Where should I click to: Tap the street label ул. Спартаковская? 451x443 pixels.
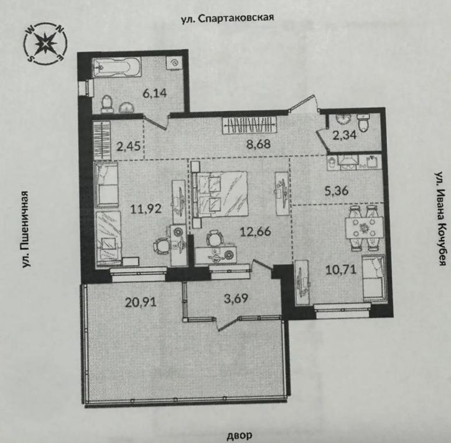[x=227, y=19]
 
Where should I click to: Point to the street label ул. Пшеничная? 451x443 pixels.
[x=26, y=229]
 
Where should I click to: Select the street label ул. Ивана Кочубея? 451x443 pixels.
[x=440, y=219]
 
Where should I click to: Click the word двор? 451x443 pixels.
[x=239, y=434]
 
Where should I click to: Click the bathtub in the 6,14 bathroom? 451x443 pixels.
[x=117, y=67]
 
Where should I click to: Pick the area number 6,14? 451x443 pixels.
[x=155, y=93]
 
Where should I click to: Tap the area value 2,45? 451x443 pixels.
[x=128, y=146]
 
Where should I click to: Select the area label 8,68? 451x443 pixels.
[x=259, y=144]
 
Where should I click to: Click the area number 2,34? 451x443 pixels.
[x=345, y=135]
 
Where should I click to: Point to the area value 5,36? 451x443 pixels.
[x=337, y=191]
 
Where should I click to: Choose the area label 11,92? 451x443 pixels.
[x=146, y=209]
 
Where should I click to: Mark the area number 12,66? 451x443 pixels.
[x=256, y=231]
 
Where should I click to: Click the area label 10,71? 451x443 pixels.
[x=341, y=270]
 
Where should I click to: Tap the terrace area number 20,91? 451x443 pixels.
[x=141, y=302]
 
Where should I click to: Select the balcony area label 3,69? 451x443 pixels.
[x=236, y=298]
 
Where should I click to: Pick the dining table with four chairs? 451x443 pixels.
[x=364, y=228]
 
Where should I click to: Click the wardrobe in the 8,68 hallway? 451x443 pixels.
[x=249, y=126]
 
